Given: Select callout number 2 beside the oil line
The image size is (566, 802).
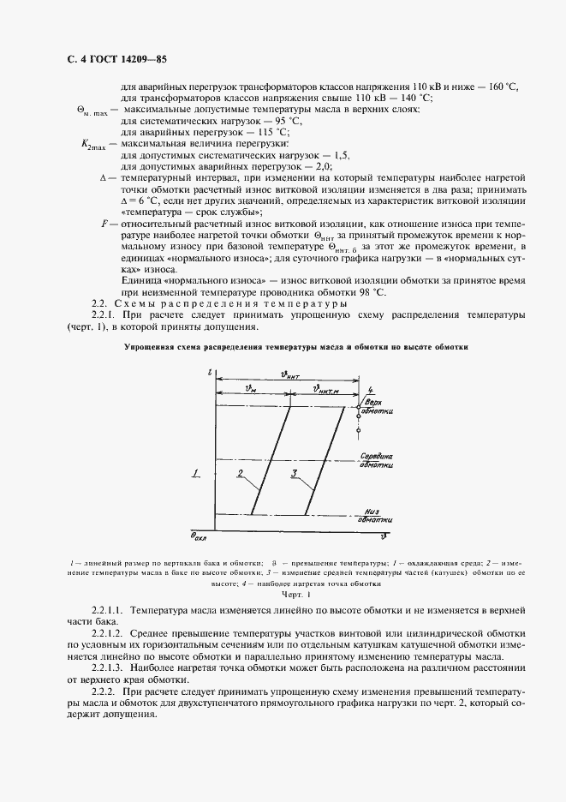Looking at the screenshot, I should tap(241, 473).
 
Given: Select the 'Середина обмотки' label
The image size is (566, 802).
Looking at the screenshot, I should tap(376, 460).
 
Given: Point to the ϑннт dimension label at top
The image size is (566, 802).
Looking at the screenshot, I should tap(292, 373).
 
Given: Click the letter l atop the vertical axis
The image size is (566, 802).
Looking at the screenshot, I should tap(208, 373).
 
